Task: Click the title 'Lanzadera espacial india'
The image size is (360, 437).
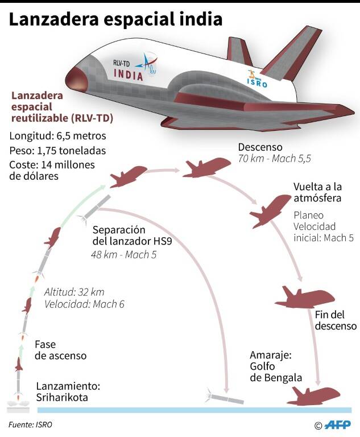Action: (x=116, y=19)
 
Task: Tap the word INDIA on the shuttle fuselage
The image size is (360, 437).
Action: (x=129, y=75)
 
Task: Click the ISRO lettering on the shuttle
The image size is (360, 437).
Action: (x=257, y=83)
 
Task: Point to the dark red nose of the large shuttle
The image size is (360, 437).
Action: (x=76, y=80)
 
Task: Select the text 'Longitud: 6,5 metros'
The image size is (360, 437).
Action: (x=57, y=136)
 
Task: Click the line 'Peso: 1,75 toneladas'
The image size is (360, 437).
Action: (x=57, y=150)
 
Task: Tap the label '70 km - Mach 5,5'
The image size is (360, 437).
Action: (x=275, y=159)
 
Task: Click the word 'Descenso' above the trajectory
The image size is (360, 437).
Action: (x=260, y=147)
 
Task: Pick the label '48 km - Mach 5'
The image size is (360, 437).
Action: (x=124, y=254)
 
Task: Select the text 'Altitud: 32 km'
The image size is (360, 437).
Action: (x=75, y=292)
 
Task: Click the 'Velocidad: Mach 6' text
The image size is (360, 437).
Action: (x=84, y=304)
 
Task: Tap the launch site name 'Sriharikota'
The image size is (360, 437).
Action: (x=62, y=397)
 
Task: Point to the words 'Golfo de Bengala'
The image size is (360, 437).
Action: (x=276, y=372)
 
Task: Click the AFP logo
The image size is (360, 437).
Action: (x=338, y=424)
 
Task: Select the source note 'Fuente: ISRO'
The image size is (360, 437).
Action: (x=30, y=424)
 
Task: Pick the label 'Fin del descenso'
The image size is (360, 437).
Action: (x=336, y=320)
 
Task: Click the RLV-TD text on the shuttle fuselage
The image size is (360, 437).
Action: (x=121, y=63)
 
